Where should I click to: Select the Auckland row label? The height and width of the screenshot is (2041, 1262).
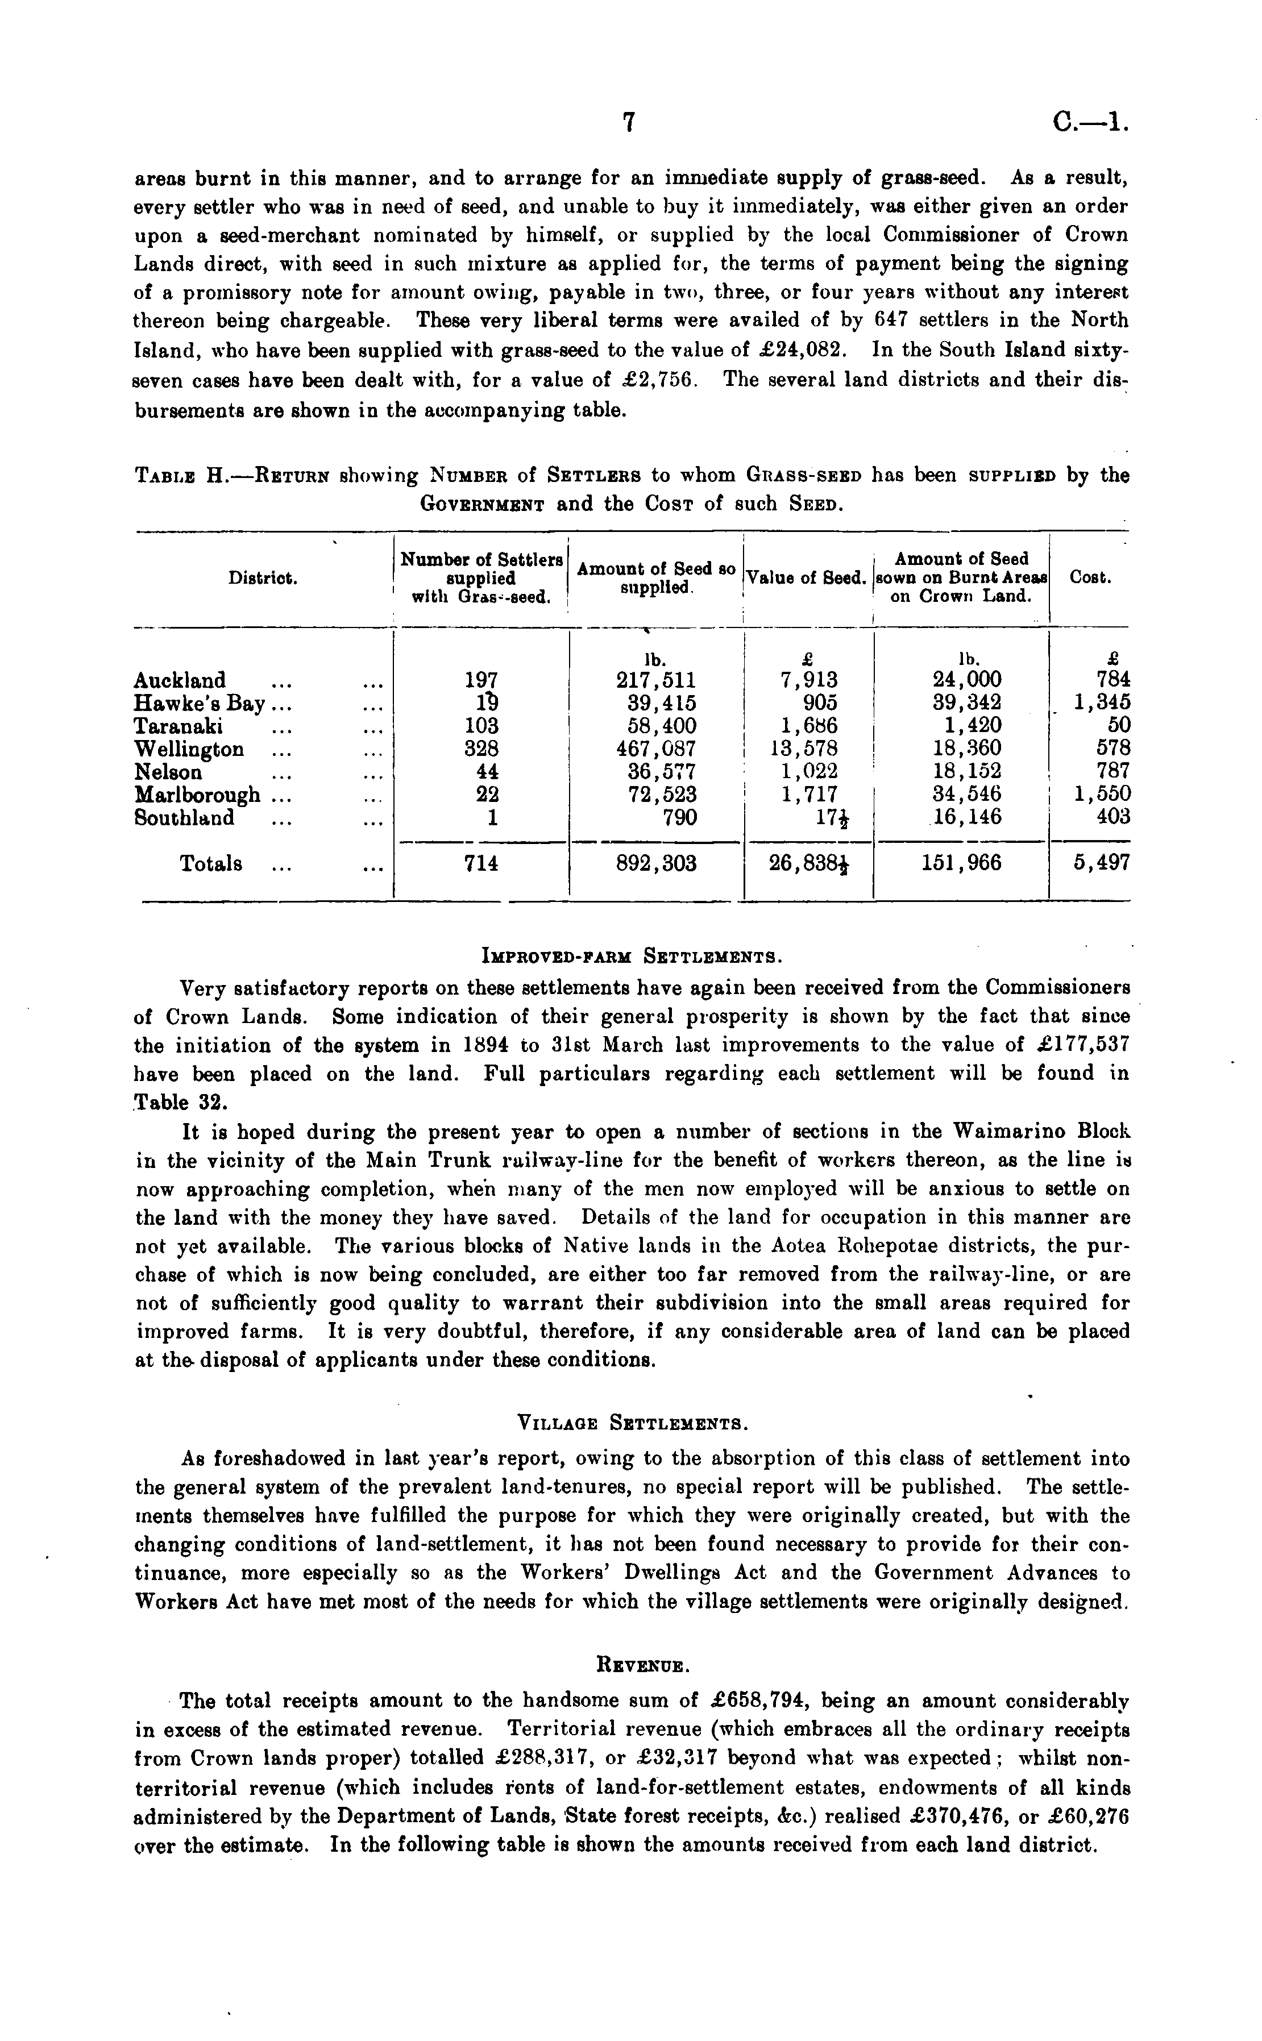pyautogui.click(x=180, y=680)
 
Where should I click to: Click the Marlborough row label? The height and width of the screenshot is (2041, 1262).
pyautogui.click(x=197, y=795)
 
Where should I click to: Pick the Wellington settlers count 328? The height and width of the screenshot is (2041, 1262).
pyautogui.click(x=481, y=749)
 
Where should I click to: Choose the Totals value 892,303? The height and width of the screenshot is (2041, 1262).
pyautogui.click(x=656, y=863)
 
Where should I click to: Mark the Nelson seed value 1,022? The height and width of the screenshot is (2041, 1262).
pyautogui.click(x=809, y=771)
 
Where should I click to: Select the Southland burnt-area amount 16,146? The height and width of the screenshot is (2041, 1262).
pyautogui.click(x=968, y=817)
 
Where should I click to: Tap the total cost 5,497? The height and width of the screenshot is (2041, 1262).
pyautogui.click(x=1101, y=863)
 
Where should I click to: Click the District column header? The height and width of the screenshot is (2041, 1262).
pyautogui.click(x=263, y=577)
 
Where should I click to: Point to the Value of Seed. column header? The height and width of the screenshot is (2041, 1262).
pyautogui.click(x=806, y=577)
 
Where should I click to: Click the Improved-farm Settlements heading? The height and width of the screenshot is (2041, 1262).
pyautogui.click(x=631, y=955)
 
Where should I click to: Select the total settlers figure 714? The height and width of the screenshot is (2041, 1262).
pyautogui.click(x=481, y=863)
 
